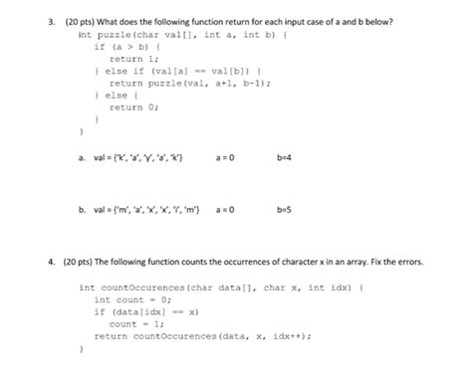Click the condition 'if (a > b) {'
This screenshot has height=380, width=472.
(122, 46)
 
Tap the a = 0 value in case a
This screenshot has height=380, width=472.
(225, 157)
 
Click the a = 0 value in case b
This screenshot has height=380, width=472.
(225, 211)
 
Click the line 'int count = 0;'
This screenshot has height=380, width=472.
(132, 298)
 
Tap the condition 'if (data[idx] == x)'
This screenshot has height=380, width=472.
(146, 311)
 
